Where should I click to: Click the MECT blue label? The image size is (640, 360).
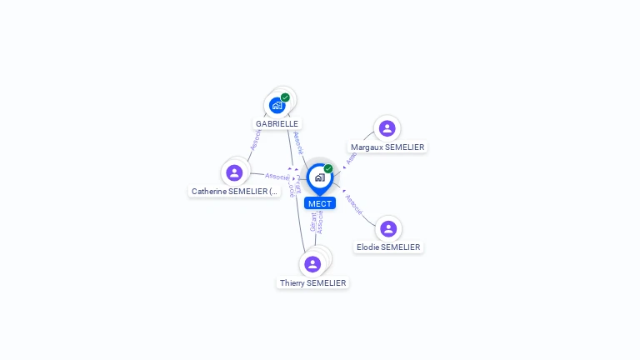[x=319, y=203]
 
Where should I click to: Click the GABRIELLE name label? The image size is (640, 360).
[x=277, y=123]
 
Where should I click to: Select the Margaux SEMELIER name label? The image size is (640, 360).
[x=387, y=147]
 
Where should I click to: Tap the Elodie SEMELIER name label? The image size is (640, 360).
[x=388, y=247]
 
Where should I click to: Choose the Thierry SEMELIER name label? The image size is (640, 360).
[x=312, y=283]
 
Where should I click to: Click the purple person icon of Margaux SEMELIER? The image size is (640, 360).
[x=387, y=128]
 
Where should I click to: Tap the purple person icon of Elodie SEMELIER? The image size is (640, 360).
[x=387, y=228]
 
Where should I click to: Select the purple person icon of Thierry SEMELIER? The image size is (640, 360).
[x=312, y=264]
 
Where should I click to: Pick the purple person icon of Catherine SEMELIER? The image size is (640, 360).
[x=234, y=172]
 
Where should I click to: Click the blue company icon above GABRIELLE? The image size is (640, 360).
[x=277, y=105]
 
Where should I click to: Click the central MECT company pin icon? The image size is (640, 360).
[x=319, y=177]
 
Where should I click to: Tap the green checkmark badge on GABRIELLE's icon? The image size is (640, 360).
[x=285, y=97]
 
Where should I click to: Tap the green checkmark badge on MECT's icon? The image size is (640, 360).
[x=328, y=169]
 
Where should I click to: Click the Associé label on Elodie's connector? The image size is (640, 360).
[x=353, y=205]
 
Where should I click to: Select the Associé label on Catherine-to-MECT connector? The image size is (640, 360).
[x=277, y=177]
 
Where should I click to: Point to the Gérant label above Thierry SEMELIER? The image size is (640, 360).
[x=312, y=222]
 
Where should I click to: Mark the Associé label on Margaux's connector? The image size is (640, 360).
[x=352, y=155]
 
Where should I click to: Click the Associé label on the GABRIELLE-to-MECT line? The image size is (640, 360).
[x=297, y=142]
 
